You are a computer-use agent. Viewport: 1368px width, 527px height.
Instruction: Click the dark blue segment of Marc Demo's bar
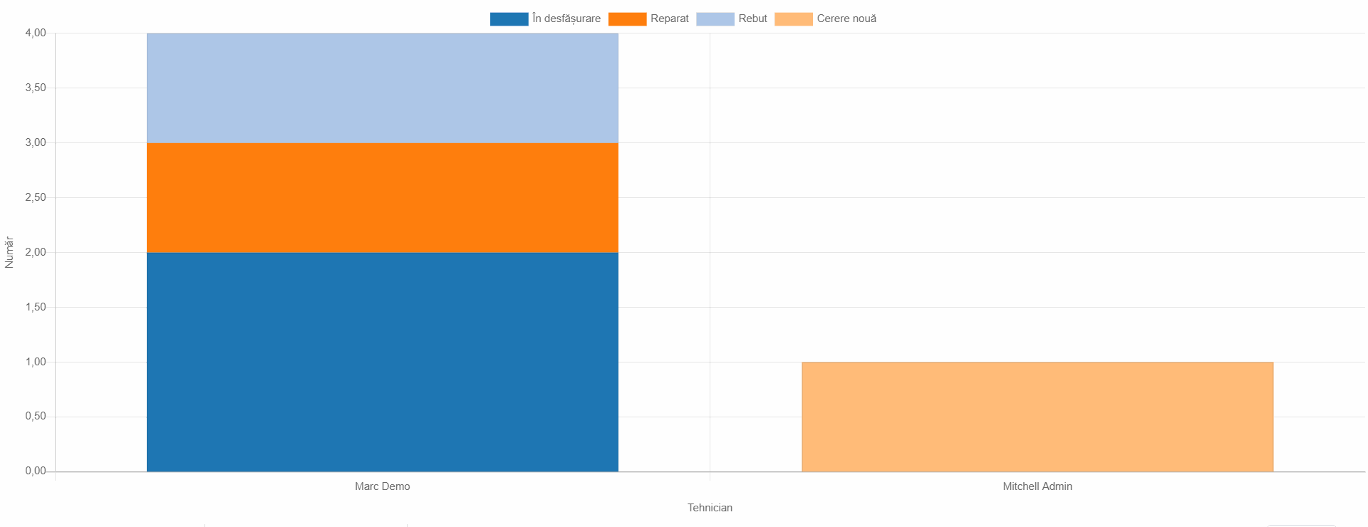(x=382, y=362)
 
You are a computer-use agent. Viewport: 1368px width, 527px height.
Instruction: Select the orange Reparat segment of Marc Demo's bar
(x=382, y=197)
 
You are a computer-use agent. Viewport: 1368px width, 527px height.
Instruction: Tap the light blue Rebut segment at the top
(x=382, y=88)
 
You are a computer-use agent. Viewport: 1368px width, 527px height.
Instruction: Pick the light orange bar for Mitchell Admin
(x=1037, y=417)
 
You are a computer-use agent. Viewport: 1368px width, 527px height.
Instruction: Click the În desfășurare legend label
(x=566, y=19)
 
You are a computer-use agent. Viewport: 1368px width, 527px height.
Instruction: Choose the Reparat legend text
(x=669, y=19)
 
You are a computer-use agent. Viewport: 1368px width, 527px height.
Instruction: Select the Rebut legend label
(x=752, y=19)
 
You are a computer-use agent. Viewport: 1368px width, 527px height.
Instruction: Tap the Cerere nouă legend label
(x=846, y=19)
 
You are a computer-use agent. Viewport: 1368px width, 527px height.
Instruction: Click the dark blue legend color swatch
(x=509, y=19)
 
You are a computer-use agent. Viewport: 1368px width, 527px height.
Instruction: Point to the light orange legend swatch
(x=793, y=19)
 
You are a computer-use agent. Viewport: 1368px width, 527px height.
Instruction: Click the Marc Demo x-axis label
(x=382, y=486)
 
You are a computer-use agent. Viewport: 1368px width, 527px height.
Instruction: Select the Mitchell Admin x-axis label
(x=1037, y=486)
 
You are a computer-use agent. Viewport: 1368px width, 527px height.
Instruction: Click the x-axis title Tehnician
(x=710, y=508)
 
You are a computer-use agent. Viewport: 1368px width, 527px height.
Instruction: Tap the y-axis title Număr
(x=9, y=252)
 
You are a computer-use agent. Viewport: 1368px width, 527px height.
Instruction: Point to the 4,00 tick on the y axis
(x=36, y=33)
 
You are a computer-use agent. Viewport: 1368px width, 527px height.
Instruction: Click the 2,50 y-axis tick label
(x=36, y=197)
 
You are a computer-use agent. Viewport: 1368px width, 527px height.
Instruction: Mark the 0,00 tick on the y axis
(x=36, y=471)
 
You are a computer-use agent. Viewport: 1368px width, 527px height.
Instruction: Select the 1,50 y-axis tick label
(x=36, y=307)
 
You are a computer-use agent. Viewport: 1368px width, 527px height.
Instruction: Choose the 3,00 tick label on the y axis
(x=36, y=142)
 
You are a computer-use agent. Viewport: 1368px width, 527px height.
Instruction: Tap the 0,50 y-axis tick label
(x=36, y=416)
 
